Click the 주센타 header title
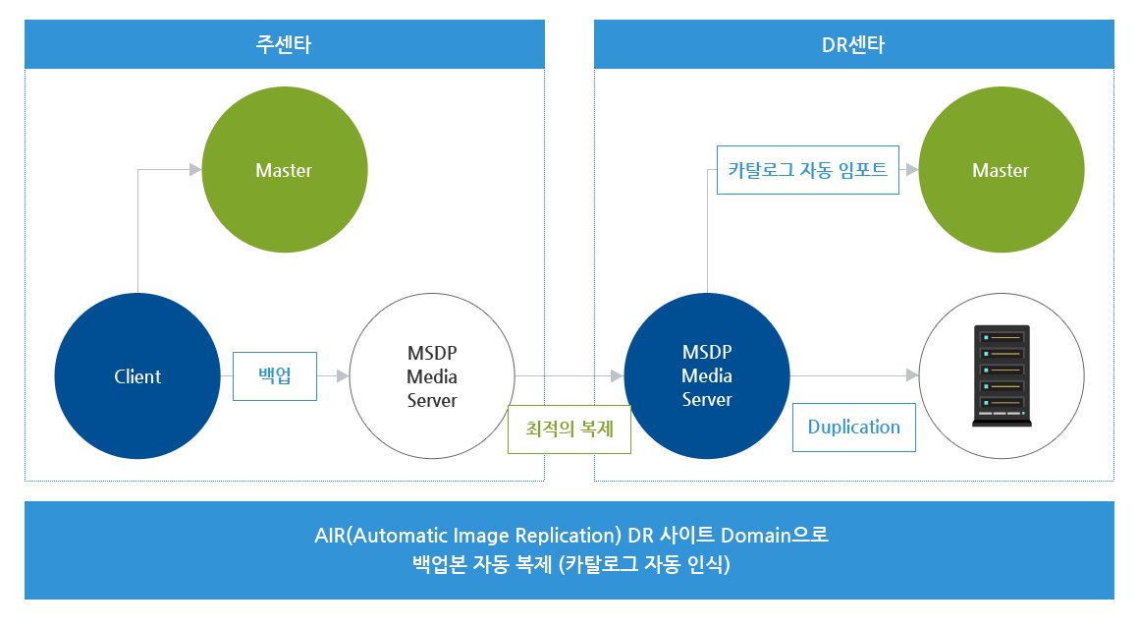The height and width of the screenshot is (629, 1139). tap(284, 44)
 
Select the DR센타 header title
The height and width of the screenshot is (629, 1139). tap(853, 44)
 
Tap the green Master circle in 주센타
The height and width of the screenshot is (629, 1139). tap(284, 169)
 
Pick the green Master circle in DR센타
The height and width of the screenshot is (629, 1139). tap(1001, 169)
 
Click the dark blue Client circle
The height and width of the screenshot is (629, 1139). tap(137, 376)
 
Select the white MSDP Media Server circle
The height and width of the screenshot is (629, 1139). tap(432, 376)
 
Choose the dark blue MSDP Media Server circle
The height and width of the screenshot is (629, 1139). tap(707, 376)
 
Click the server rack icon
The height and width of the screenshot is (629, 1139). tap(1002, 375)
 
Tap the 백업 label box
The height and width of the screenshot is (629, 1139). tap(275, 376)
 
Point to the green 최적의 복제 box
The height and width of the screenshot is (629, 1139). tap(569, 429)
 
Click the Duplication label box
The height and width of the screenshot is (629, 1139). tap(853, 427)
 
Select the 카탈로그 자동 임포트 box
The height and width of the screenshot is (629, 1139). tap(808, 169)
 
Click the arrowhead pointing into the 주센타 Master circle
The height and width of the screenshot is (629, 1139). tap(195, 169)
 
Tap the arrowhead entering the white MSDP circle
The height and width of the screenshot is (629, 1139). tap(344, 376)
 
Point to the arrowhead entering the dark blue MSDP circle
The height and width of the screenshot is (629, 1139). tap(618, 376)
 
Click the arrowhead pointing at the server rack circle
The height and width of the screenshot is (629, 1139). tap(912, 375)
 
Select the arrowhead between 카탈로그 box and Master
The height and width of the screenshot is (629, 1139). tap(912, 169)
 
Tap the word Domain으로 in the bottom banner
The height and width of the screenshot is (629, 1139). tap(775, 536)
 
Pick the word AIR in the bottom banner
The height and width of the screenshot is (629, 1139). tap(330, 536)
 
